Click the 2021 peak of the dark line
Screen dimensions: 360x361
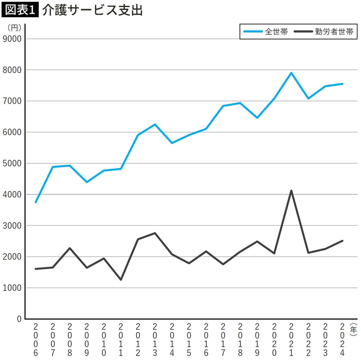coord(291,191)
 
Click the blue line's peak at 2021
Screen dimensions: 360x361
coord(291,73)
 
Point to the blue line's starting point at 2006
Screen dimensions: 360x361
coord(36,202)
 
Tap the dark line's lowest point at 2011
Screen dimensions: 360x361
coord(121,280)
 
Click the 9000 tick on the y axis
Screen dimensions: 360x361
coord(12,39)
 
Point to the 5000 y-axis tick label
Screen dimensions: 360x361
coord(12,163)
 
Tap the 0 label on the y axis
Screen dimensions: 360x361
coord(19,319)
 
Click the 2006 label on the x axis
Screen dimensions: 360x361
coord(36,340)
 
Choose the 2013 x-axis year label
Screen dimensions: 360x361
coord(155,340)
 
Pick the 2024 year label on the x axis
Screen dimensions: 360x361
coord(342,340)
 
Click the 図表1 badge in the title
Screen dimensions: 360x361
coord(20,10)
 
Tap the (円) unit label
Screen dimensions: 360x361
coord(14,28)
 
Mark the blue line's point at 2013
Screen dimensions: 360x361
coord(155,124)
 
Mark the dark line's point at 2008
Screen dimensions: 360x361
coord(70,248)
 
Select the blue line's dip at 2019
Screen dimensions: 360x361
coord(257,118)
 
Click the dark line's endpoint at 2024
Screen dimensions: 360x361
coord(342,241)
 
